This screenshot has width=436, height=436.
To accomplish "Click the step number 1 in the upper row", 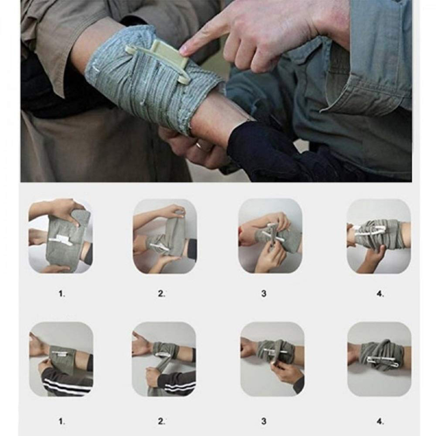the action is (x=62, y=294).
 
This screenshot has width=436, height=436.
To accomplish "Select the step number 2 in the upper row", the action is (x=161, y=294).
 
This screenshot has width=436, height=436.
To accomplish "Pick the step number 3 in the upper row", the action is (x=264, y=293).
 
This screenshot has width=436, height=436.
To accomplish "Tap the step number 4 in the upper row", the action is (x=380, y=294).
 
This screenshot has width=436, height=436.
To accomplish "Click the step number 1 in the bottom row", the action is (x=62, y=422).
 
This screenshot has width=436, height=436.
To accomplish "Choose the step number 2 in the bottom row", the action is (x=161, y=422).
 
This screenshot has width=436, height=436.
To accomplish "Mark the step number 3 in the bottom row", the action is (x=264, y=421).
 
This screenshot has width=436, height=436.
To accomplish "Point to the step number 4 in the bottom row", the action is (x=380, y=422).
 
